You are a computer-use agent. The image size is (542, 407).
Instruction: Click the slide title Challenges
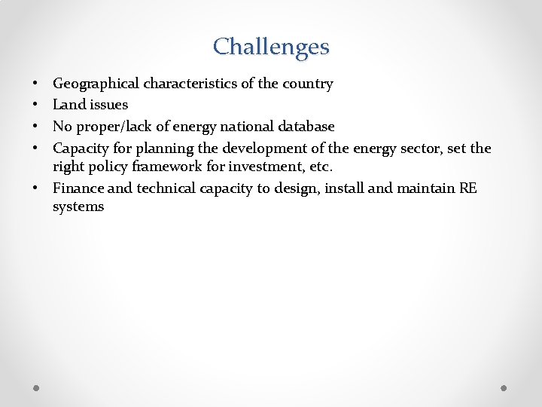pyautogui.click(x=271, y=47)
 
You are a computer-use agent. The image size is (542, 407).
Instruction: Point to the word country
pyautogui.click(x=308, y=84)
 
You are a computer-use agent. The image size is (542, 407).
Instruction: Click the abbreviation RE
pyautogui.click(x=467, y=188)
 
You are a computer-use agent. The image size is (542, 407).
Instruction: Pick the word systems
pyautogui.click(x=78, y=207)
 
